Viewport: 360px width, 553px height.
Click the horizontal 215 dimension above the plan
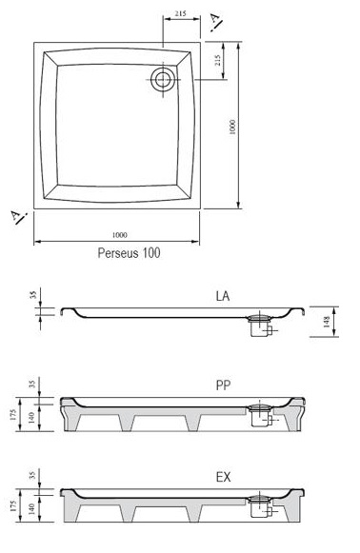tap(180, 14)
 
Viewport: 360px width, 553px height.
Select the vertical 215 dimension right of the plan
tap(217, 60)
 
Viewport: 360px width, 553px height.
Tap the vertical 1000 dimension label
tap(231, 127)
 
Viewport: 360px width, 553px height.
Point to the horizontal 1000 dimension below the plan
tap(120, 235)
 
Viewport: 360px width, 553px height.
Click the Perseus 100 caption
tap(129, 253)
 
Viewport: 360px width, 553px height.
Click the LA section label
tap(223, 296)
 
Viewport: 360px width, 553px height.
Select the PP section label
tap(223, 385)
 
